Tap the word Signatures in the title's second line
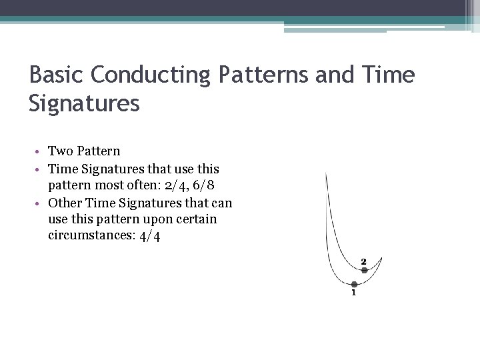click(x=85, y=104)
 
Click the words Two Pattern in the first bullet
click(x=84, y=151)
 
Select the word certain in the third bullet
click(x=197, y=219)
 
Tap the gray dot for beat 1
click(x=354, y=284)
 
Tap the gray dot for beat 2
click(x=364, y=270)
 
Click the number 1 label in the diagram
click(x=353, y=294)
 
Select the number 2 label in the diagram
click(x=364, y=261)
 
